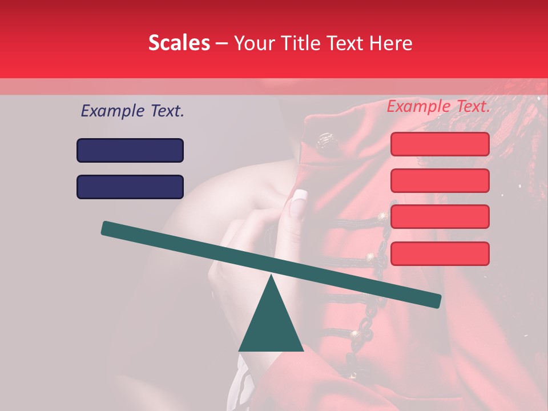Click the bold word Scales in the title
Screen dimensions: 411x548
[x=179, y=43]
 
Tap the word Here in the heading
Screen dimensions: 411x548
[x=390, y=43]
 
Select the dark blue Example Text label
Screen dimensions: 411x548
[x=132, y=111]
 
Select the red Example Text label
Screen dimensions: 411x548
[x=438, y=106]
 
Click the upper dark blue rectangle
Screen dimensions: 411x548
[x=130, y=150]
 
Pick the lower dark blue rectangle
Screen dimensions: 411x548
[x=130, y=187]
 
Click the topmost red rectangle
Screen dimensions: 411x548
[x=440, y=144]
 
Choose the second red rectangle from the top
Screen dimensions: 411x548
[x=440, y=180]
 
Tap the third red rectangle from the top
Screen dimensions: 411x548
[x=440, y=217]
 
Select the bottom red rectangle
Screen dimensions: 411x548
[x=440, y=253]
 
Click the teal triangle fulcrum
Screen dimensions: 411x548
[x=271, y=325]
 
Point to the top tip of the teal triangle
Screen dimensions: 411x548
[x=272, y=276]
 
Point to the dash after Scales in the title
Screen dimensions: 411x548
[x=221, y=43]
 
